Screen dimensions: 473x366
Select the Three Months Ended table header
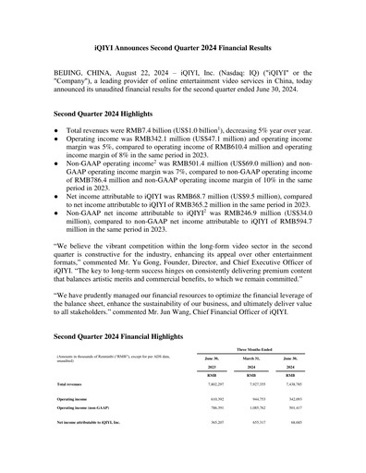point(250,350)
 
